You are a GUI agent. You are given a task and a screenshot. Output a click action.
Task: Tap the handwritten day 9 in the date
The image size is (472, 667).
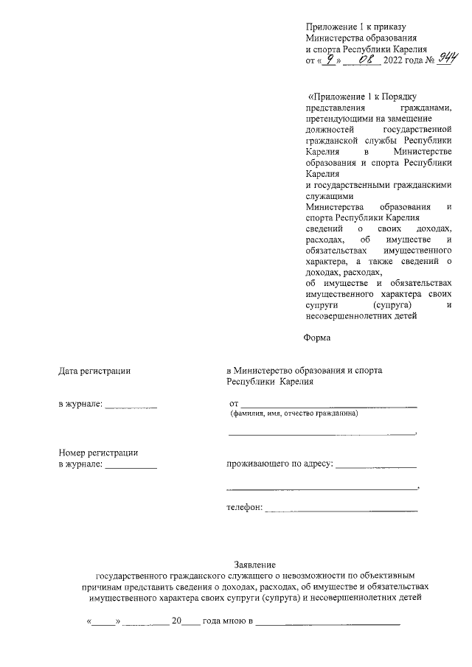coord(333,60)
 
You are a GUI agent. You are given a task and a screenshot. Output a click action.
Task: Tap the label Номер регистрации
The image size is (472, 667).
coord(98,453)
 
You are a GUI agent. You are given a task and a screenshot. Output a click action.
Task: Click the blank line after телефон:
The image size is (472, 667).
coord(341,509)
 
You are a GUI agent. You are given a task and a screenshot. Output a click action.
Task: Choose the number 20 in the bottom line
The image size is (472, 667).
coord(176,621)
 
